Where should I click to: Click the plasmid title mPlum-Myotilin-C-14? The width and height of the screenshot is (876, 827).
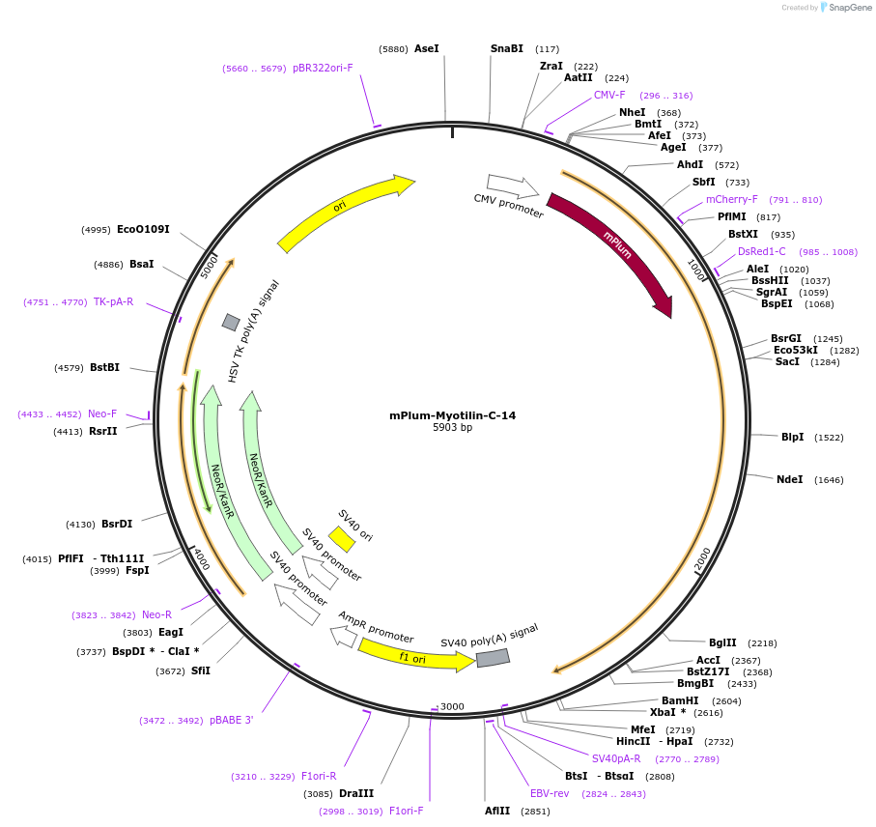tap(452, 415)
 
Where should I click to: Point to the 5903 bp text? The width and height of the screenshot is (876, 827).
tap(452, 428)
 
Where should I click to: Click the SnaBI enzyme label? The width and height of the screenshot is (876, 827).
tap(507, 48)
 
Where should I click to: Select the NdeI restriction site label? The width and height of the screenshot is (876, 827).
tap(789, 479)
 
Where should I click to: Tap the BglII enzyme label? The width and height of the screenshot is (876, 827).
tap(722, 642)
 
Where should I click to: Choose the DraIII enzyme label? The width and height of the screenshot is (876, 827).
tap(356, 793)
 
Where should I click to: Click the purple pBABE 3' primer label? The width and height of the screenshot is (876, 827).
tap(231, 720)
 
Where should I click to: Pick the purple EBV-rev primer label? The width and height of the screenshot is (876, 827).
tap(549, 793)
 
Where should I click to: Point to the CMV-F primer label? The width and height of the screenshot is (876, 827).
tap(609, 95)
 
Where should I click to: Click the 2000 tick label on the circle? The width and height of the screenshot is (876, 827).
tap(703, 558)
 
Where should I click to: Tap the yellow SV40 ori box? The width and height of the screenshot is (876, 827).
tap(342, 538)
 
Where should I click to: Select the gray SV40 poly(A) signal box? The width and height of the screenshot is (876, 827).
tap(493, 657)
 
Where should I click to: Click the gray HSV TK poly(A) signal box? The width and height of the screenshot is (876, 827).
tap(231, 322)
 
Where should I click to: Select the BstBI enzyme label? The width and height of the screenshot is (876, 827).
tap(104, 367)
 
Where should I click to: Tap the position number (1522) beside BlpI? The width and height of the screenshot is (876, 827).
tap(829, 438)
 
